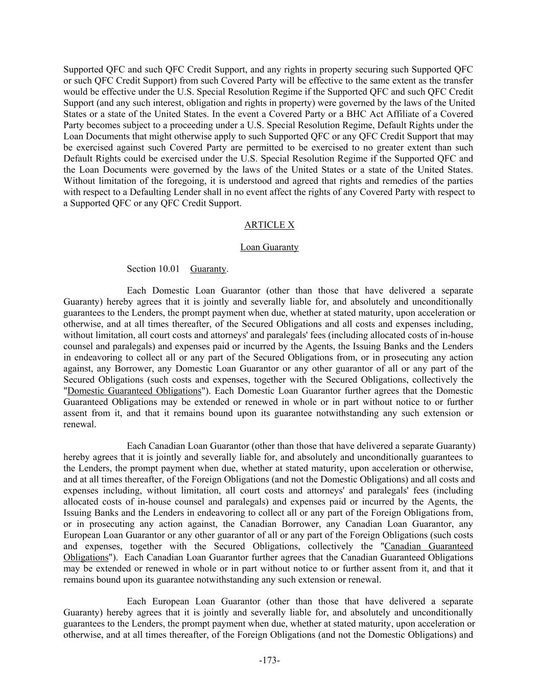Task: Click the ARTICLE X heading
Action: [269, 225]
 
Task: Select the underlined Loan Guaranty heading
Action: [269, 247]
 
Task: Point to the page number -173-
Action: [269, 660]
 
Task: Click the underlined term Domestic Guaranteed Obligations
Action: [134, 391]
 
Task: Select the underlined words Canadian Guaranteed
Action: [428, 546]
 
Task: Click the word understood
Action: [241, 181]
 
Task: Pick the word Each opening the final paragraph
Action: [136, 602]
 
